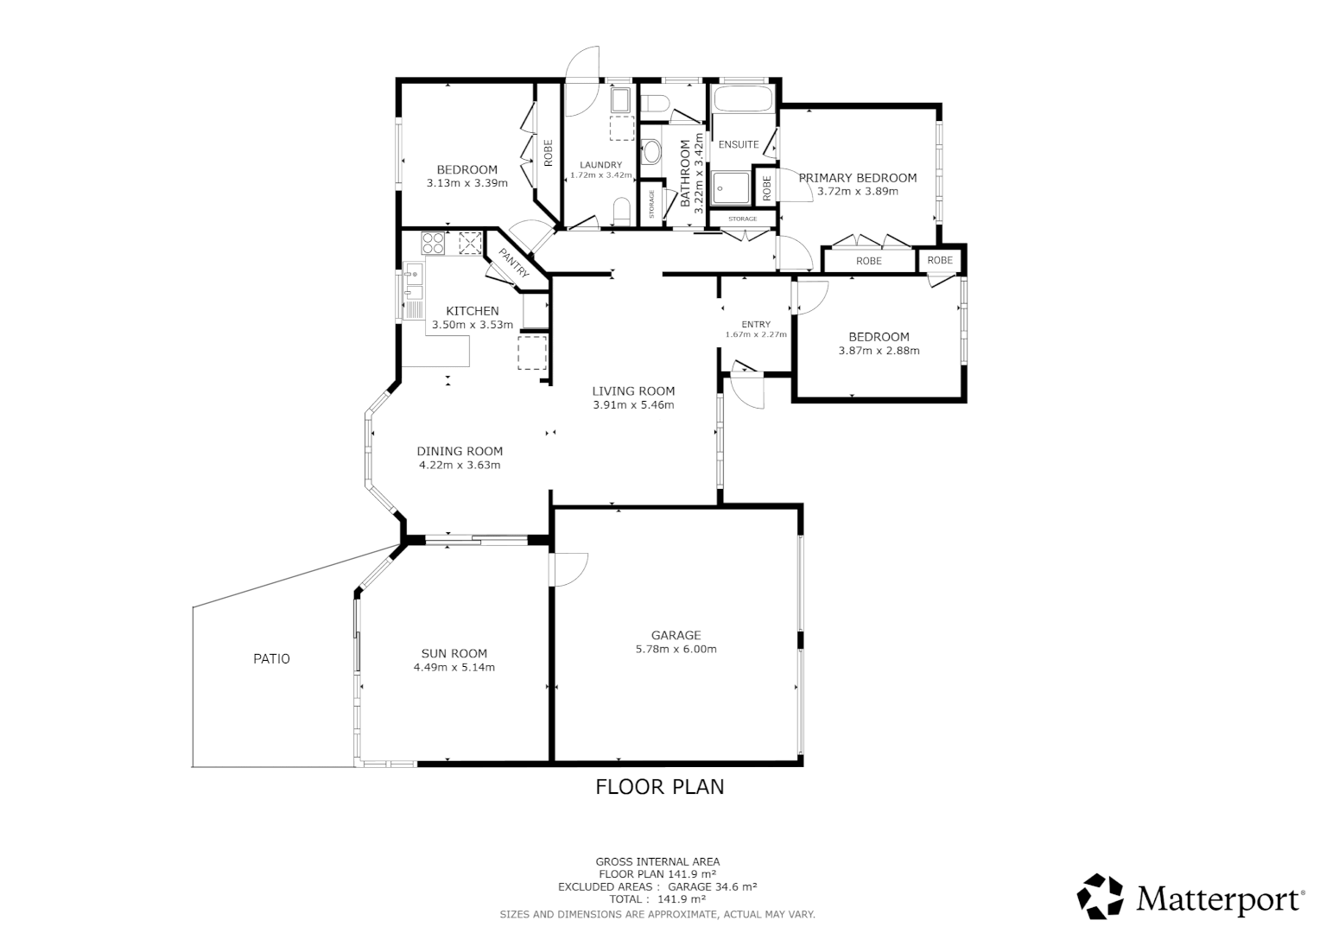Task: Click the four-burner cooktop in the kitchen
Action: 434,243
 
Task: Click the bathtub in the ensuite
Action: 742,98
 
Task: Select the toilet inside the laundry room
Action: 621,210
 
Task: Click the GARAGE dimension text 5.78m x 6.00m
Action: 676,650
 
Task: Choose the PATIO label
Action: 271,659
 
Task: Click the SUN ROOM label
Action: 454,654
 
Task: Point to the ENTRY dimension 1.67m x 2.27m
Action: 756,334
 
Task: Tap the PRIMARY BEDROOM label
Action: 857,178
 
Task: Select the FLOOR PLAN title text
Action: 660,787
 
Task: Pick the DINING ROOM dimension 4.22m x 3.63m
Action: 460,465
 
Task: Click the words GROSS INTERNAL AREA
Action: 657,861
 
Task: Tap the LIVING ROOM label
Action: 633,391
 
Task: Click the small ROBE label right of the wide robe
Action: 940,260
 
